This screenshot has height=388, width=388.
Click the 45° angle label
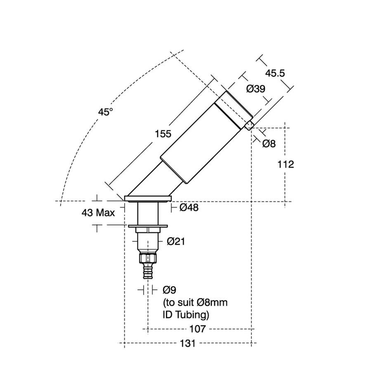pyautogui.click(x=105, y=112)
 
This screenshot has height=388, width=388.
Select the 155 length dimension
pyautogui.click(x=163, y=134)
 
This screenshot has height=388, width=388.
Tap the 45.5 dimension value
pyautogui.click(x=275, y=73)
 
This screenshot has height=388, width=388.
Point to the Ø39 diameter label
pyautogui.click(x=256, y=89)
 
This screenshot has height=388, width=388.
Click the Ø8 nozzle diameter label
pyautogui.click(x=269, y=144)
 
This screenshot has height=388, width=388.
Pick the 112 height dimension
pyautogui.click(x=286, y=164)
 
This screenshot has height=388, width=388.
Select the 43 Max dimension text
pyautogui.click(x=98, y=213)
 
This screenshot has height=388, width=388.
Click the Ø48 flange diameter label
pyautogui.click(x=189, y=207)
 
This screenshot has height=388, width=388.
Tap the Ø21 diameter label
pyautogui.click(x=176, y=241)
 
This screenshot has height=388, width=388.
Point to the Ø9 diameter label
pyautogui.click(x=170, y=290)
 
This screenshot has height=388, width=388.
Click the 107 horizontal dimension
pyautogui.click(x=197, y=329)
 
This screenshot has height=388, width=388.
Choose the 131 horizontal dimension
pyautogui.click(x=187, y=343)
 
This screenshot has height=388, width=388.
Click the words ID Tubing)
pyautogui.click(x=186, y=315)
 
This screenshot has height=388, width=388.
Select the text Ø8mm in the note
pyautogui.click(x=212, y=303)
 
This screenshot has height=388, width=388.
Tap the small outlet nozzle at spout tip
pyautogui.click(x=249, y=125)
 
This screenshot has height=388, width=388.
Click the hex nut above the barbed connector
pyautogui.click(x=148, y=258)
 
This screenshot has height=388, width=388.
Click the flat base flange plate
pyautogui.click(x=148, y=199)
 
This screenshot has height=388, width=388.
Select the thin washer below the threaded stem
pyautogui.click(x=148, y=226)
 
